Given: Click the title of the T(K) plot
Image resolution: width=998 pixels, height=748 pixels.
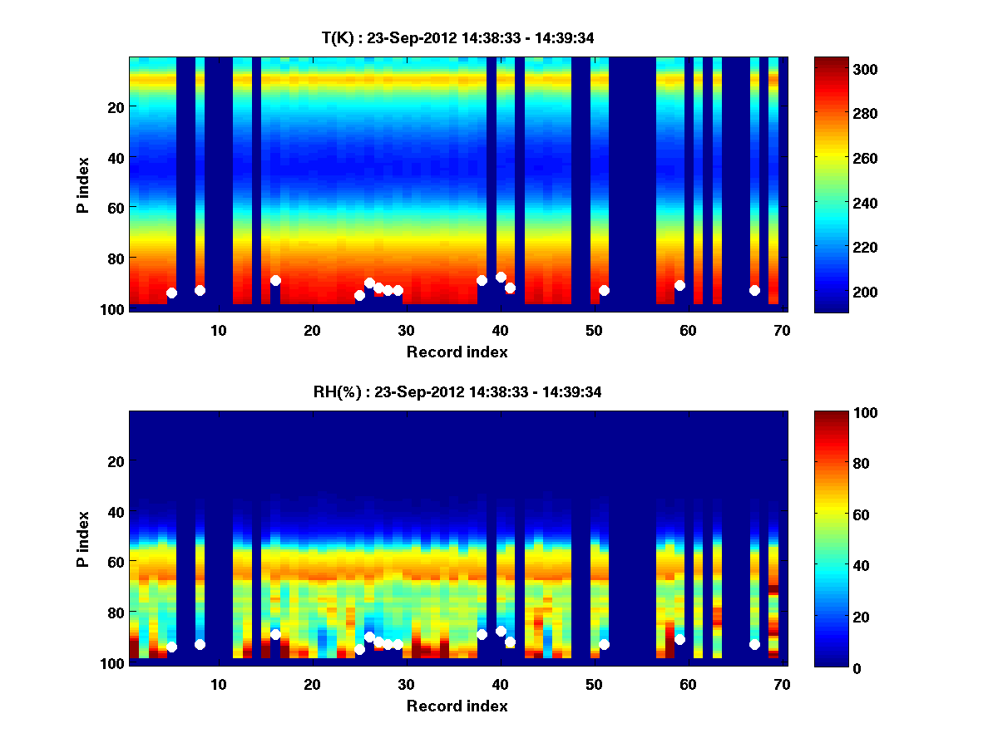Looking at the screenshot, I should [457, 37].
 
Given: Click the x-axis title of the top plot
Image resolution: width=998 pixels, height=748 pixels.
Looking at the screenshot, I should [457, 352].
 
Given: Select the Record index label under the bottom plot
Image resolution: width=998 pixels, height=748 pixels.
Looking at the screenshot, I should [457, 706].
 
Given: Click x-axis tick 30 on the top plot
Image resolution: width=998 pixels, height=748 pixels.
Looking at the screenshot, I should [406, 330].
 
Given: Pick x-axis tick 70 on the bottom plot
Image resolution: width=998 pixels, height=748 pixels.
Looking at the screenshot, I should [781, 684].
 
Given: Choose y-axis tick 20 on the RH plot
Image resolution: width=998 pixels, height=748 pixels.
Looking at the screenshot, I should [116, 461].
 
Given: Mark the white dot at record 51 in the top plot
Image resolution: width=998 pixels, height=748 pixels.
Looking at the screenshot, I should [604, 290].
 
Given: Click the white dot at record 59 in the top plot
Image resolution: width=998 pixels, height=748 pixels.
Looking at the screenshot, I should [679, 285].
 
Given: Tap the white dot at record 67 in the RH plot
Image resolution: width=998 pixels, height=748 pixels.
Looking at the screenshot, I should [754, 644].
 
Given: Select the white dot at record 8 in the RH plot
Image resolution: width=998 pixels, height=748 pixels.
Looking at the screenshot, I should [200, 644].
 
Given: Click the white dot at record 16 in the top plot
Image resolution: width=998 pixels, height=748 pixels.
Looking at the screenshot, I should [275, 280].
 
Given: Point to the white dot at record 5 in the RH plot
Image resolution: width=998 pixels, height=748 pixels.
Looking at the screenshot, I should [171, 647].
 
